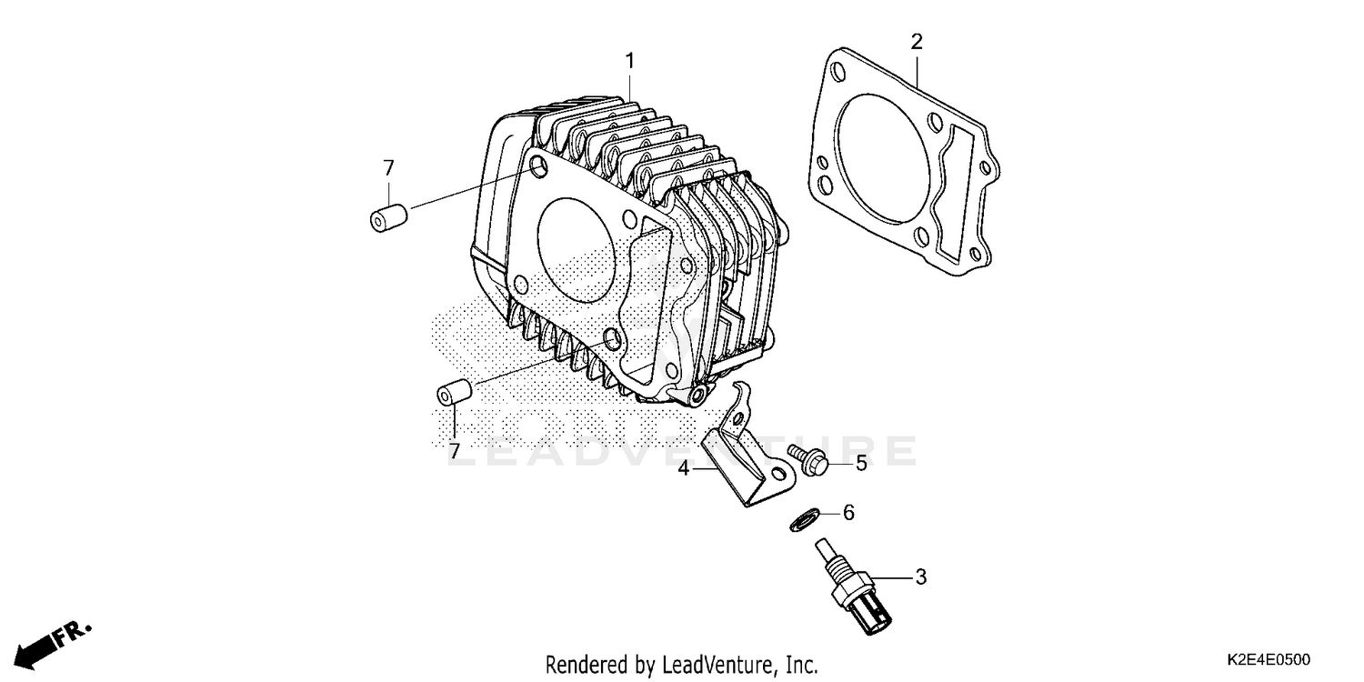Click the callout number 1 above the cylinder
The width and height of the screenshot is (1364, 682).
coord(629,62)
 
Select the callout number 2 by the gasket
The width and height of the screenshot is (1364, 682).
coord(917,41)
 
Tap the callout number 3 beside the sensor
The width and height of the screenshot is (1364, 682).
coord(920,576)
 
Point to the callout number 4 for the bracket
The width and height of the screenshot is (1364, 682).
coord(683,469)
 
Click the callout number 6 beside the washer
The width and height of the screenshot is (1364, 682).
coord(848,513)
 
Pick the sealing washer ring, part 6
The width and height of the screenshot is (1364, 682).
coord(801,520)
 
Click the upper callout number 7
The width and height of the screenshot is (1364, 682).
coord(388,167)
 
